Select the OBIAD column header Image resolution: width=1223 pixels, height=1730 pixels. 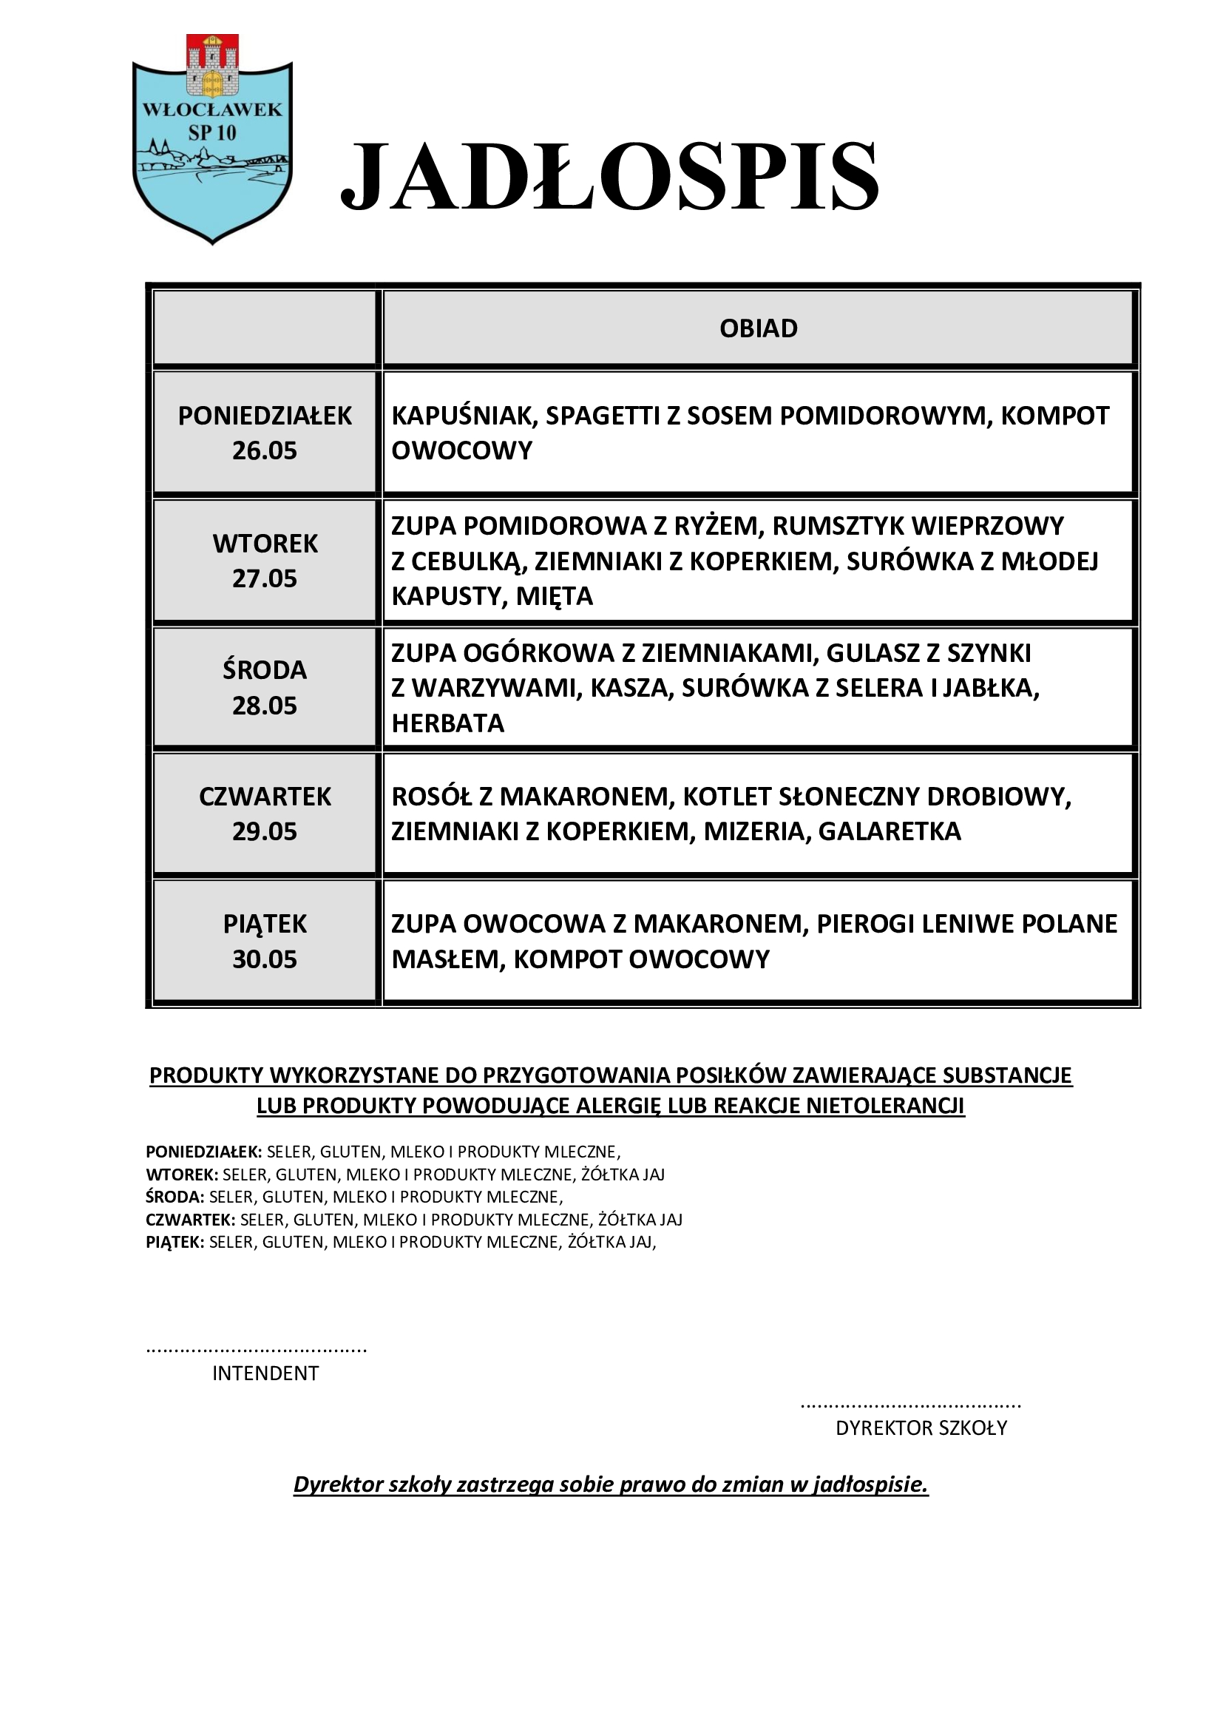(x=759, y=328)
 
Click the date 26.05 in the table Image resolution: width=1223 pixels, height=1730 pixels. (x=264, y=450)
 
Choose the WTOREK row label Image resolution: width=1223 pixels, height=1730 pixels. (x=265, y=544)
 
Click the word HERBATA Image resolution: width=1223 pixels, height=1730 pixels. (x=448, y=723)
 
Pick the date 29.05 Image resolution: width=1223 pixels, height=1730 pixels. (x=264, y=831)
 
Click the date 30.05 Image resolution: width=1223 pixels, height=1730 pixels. (x=264, y=959)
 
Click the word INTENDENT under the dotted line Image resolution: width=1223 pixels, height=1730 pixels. (x=265, y=1373)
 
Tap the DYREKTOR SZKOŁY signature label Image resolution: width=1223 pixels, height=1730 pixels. (x=921, y=1427)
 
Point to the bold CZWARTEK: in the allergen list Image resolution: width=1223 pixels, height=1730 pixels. (x=191, y=1220)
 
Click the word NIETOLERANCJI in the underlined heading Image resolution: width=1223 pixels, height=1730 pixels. (x=885, y=1106)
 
